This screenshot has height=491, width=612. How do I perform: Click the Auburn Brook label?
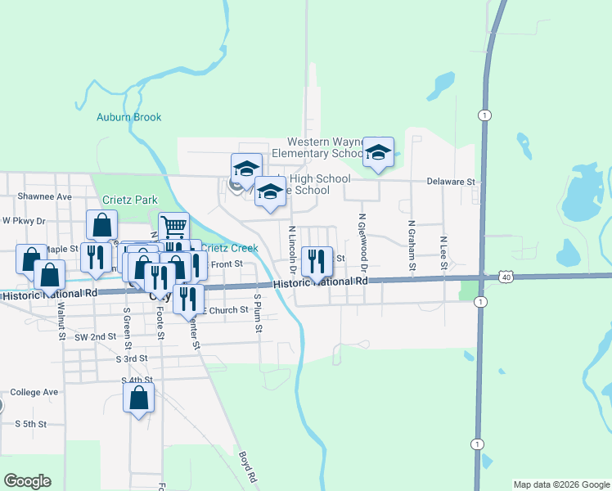coord(129,117)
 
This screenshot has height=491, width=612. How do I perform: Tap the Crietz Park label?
coord(129,200)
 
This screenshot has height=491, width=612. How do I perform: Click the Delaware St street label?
coord(450,182)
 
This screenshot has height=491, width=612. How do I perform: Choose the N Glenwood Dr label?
coord(362,241)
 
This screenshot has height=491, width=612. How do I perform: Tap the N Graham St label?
coord(412,241)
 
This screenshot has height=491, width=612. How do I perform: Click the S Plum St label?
coord(258,313)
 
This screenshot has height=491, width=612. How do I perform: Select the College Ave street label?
coord(34,392)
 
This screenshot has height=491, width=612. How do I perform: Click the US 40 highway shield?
coord(506,277)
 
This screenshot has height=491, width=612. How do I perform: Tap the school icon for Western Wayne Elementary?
coord(378,152)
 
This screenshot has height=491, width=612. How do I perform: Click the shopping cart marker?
coord(173,227)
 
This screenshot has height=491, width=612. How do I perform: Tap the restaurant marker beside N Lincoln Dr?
coord(316,262)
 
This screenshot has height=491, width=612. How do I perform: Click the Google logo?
coord(27,481)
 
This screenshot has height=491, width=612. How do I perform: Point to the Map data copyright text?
coord(560,484)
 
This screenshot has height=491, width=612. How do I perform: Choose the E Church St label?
coord(223,310)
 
